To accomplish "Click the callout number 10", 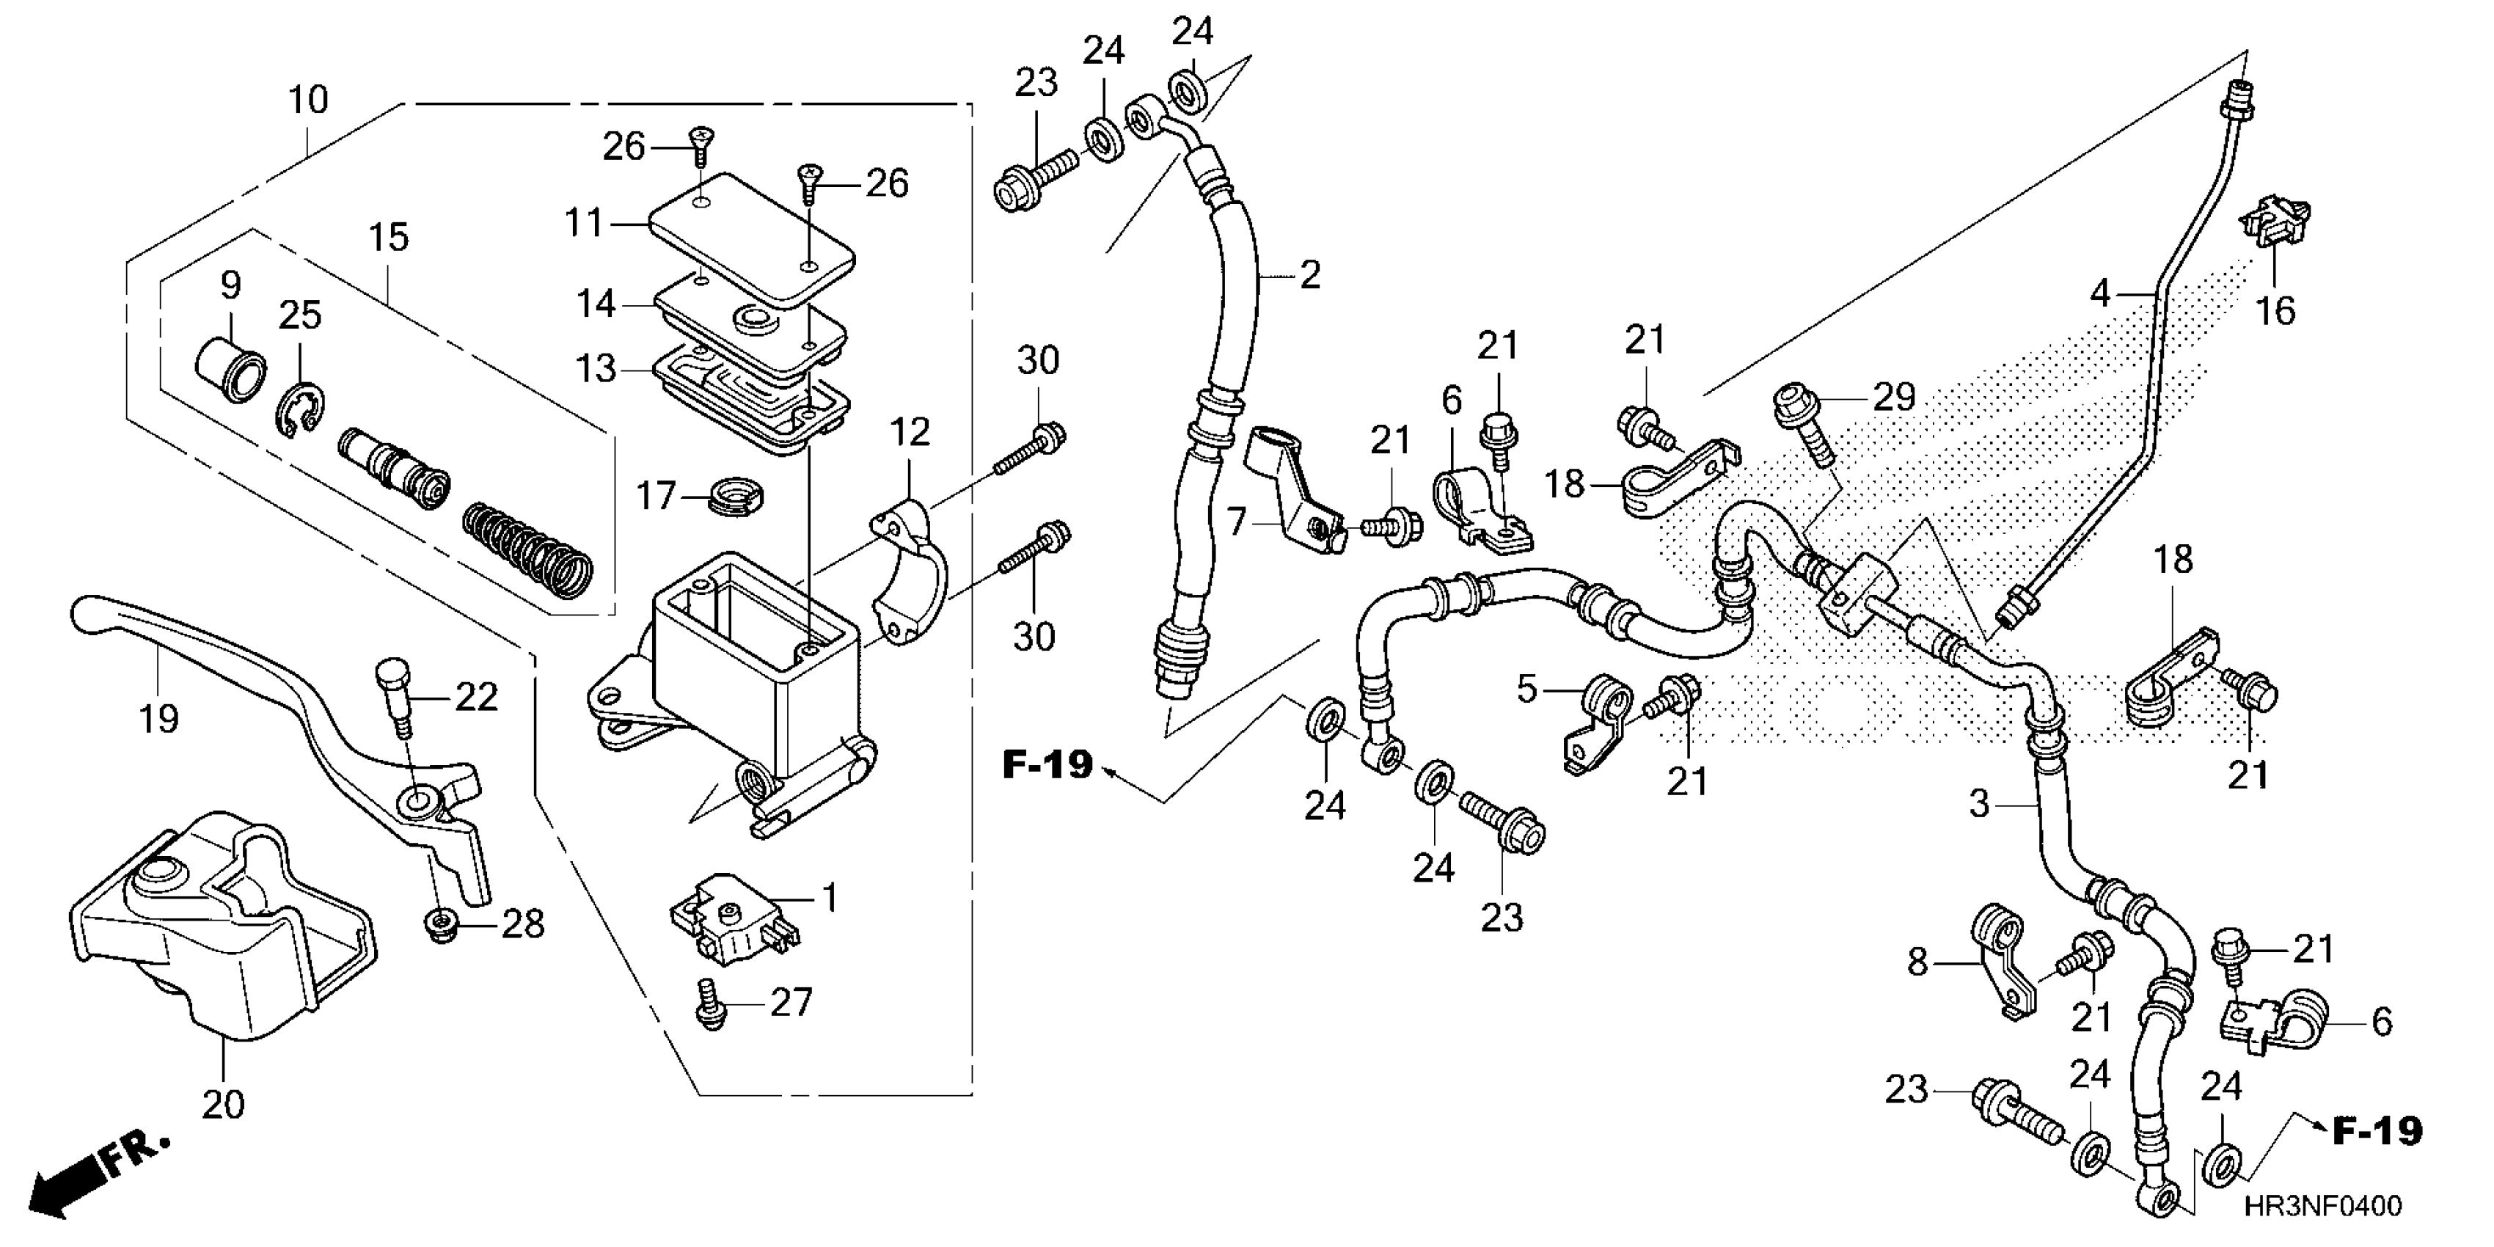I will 309,100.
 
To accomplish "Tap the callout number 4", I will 2099,291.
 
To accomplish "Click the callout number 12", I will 910,432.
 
